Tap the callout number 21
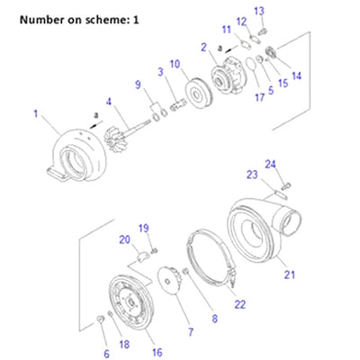tap(289, 274)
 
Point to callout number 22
tap(239, 303)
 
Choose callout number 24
tap(270, 163)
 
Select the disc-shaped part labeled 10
tap(193, 93)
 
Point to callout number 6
tap(106, 354)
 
